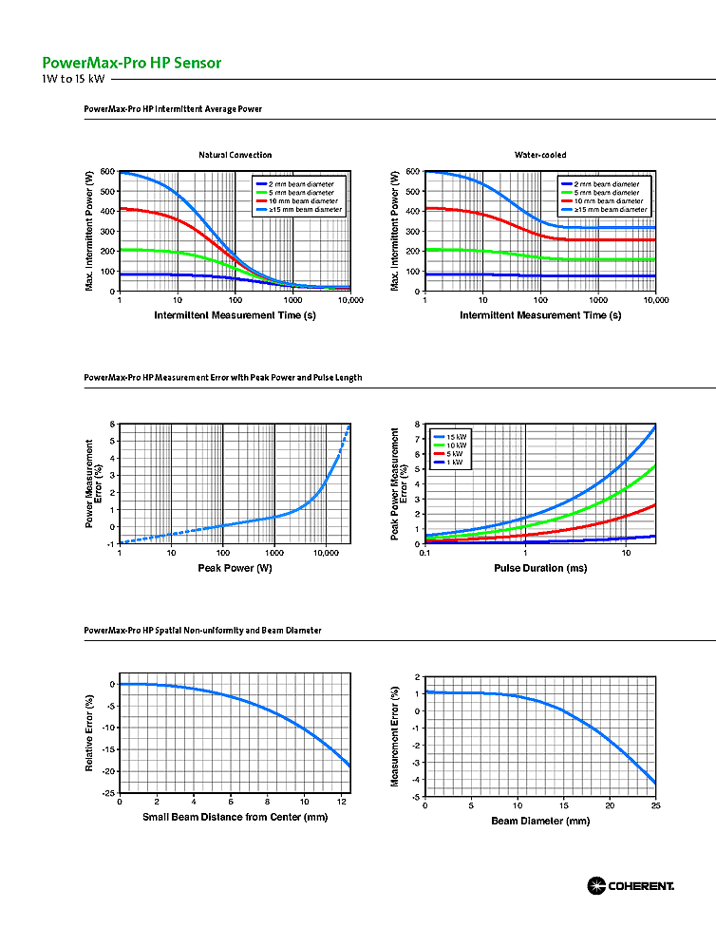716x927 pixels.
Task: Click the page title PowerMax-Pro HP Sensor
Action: [132, 63]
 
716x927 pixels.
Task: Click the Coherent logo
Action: [631, 885]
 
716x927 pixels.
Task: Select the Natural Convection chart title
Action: [235, 155]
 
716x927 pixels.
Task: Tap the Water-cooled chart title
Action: [540, 155]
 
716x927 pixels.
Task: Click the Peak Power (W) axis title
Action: [235, 568]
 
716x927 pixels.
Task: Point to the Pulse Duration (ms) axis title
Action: [540, 568]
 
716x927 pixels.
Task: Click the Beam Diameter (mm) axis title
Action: [540, 820]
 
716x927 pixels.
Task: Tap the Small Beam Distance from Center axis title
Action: [235, 817]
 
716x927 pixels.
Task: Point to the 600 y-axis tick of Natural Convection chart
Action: [108, 172]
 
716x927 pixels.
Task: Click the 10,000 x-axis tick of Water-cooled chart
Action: [655, 300]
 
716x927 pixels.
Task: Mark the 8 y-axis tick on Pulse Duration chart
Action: [416, 425]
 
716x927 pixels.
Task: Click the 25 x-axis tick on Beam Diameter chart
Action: [655, 804]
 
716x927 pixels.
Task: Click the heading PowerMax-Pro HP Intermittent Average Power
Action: [173, 109]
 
